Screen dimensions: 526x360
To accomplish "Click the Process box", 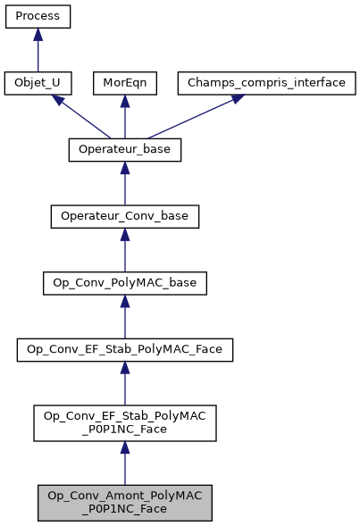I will click(38, 16).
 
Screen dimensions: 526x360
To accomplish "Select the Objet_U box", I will click(38, 83).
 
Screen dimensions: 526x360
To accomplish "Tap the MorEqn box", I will click(124, 83).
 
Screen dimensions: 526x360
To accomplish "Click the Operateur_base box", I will click(124, 150).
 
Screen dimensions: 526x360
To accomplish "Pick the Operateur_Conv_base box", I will click(124, 217).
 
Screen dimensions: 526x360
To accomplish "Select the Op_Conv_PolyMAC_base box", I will click(124, 284).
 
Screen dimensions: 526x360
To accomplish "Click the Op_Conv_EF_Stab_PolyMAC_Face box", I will click(124, 351).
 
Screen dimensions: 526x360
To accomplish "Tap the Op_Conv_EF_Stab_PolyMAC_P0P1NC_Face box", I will click(124, 423).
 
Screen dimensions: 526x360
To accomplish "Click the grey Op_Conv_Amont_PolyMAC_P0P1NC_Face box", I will click(124, 503).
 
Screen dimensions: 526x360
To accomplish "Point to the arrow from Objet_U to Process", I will click(38, 52).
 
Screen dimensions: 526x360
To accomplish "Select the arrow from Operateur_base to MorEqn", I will click(124, 119).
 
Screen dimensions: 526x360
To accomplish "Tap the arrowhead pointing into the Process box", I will click(38, 34).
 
